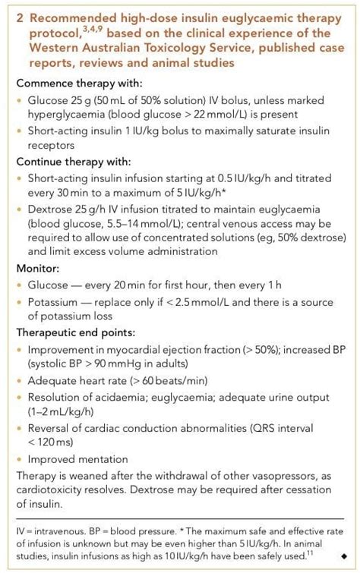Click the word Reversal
pyautogui.click(x=47, y=428)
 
